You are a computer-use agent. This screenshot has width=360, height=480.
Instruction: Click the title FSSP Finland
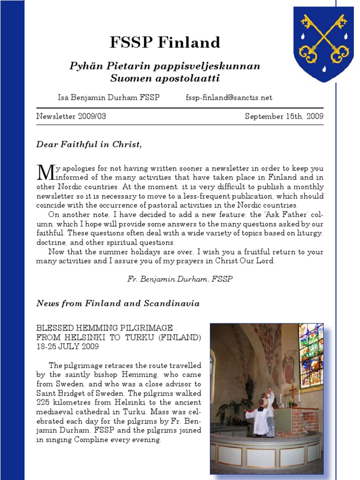pos(165,43)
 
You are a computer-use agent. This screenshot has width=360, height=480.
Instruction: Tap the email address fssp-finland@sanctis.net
pos(229,97)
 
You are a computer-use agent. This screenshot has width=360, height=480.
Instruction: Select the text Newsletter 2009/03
pos(71,116)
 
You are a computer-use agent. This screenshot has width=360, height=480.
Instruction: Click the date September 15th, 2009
pos(284,116)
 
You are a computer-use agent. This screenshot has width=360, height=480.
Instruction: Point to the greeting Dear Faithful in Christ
pos(89,144)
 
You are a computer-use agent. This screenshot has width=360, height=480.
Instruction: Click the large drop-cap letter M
pos(45,173)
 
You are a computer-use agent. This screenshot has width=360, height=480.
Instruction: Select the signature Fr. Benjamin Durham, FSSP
pos(180,278)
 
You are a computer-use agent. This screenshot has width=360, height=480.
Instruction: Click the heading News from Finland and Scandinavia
pos(118,303)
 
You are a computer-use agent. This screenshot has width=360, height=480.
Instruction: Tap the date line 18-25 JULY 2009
pos(67,346)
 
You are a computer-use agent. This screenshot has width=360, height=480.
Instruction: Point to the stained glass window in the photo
pos(311,354)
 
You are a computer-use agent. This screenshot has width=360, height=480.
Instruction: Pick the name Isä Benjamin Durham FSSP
pos(108,97)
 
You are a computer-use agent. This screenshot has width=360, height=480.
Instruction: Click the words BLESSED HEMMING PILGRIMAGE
pos(105,328)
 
